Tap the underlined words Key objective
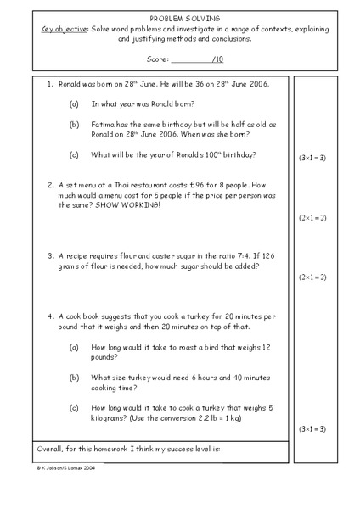click(x=65, y=28)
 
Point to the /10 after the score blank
click(x=217, y=59)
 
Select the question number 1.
click(x=50, y=86)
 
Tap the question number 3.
click(x=50, y=254)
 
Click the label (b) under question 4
click(x=74, y=378)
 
